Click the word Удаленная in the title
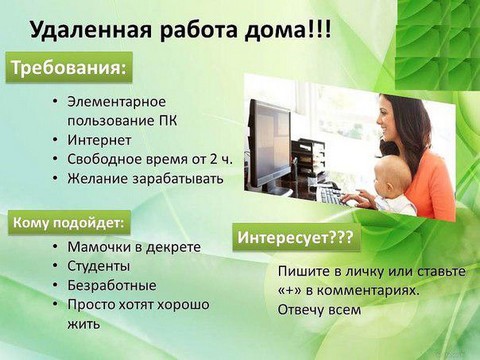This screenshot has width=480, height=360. (x=89, y=29)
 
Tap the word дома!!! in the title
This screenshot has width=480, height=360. (x=286, y=29)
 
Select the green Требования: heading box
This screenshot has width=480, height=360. (x=69, y=68)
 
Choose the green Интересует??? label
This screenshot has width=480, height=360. (x=297, y=238)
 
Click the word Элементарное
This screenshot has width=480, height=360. (x=116, y=102)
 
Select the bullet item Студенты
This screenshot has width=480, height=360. (x=98, y=266)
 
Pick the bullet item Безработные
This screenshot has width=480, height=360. (x=111, y=285)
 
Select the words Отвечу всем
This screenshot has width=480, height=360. (x=318, y=309)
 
